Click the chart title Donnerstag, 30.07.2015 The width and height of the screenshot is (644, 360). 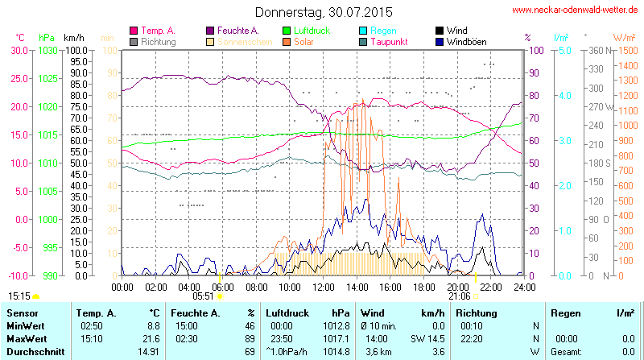tap(324, 12)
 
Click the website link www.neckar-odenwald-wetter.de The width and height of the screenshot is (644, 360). tap(575, 10)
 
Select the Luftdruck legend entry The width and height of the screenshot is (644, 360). tap(308, 31)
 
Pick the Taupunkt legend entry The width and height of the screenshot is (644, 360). tap(393, 42)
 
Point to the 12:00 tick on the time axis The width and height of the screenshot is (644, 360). tap(324, 287)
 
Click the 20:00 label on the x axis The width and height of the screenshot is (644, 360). tap(457, 287)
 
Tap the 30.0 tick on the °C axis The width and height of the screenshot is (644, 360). tap(19, 50)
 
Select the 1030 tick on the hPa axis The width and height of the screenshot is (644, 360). tap(48, 50)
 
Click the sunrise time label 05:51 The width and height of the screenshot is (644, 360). tap(204, 296)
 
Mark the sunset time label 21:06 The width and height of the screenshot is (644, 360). tap(460, 296)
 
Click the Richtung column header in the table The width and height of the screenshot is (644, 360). tap(477, 312)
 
